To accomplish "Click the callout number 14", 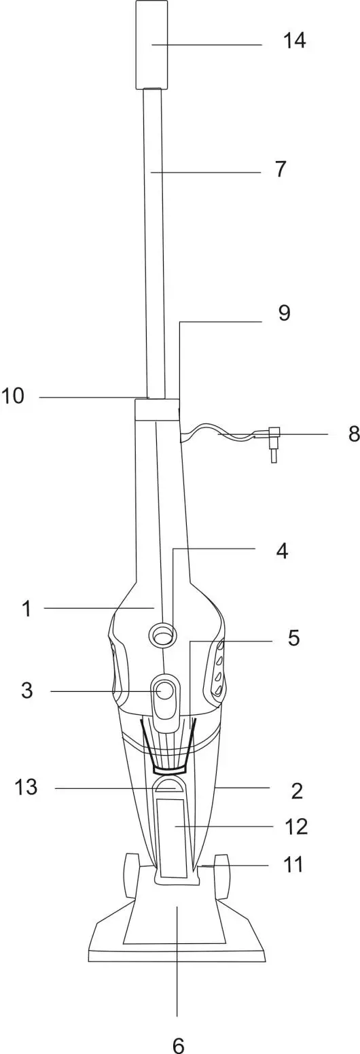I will pos(295,41).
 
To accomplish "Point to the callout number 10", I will pos(12,396).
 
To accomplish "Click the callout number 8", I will pos(353,434).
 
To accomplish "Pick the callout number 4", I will pos(281,550).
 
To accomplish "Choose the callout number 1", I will pos(26,609).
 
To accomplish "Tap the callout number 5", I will pos(293,638).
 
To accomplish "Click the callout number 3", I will pos(26,690).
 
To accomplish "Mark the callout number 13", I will pos(26,788).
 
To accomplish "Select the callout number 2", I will pos(297,790).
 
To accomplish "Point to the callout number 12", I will pos(296,826).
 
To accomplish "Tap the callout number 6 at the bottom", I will pos(178,1045).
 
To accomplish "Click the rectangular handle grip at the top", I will pos(151,44).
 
